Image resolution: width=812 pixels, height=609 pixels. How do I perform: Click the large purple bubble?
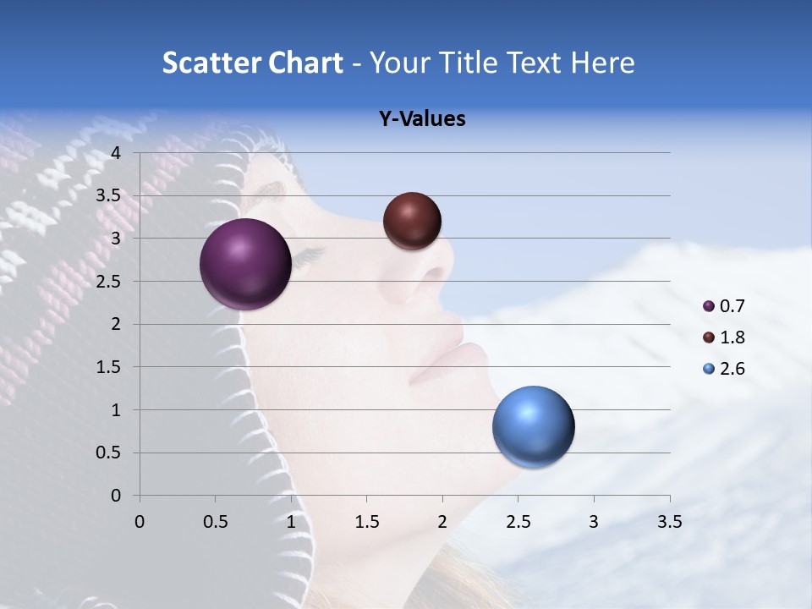[246, 264]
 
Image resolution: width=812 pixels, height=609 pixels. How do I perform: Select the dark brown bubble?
[412, 221]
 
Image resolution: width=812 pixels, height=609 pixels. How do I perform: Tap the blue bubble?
[533, 427]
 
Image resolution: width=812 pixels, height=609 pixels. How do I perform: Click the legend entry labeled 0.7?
[732, 306]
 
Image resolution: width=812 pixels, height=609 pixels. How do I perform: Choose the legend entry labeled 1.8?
[732, 337]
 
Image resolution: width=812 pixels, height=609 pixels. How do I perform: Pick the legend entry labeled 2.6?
[732, 369]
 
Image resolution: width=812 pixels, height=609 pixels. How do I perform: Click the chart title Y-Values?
[422, 119]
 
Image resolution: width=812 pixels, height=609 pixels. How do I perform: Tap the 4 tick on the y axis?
[116, 153]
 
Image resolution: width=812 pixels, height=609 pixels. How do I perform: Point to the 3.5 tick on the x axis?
[669, 522]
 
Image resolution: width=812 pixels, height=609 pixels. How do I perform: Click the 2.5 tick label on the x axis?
[518, 522]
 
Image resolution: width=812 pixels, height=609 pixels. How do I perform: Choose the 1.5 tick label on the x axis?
[366, 522]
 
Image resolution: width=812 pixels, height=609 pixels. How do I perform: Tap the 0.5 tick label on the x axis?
[215, 522]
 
